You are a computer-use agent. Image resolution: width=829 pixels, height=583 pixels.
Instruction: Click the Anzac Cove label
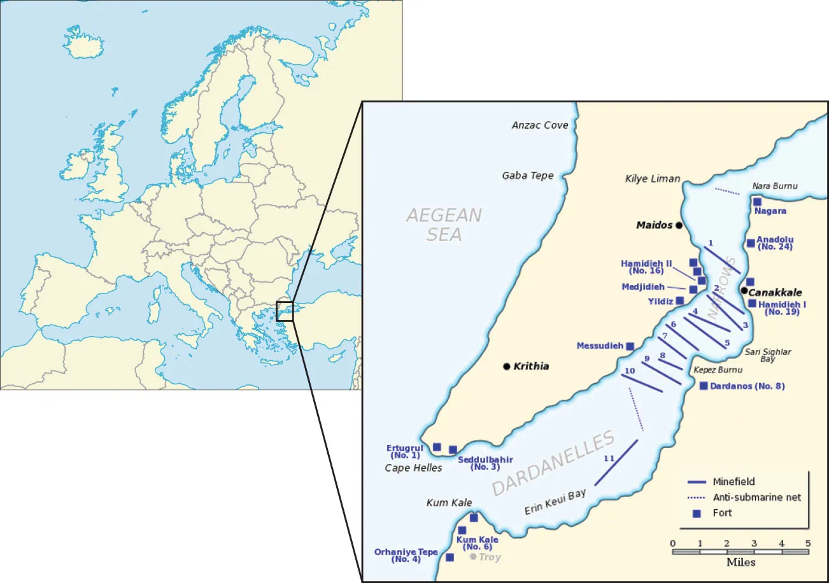[x=540, y=125]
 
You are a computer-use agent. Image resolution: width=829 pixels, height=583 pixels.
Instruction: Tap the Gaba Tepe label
[x=528, y=176]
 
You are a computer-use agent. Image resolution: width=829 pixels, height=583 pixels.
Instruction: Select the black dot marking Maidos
[x=679, y=225]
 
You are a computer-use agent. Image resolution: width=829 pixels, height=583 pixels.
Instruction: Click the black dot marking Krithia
[x=506, y=366]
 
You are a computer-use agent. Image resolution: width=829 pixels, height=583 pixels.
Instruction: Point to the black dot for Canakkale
[x=744, y=291]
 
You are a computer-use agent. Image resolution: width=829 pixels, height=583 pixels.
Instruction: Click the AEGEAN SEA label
[x=444, y=225]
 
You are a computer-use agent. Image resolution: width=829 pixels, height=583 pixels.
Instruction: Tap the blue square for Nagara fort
[x=757, y=202]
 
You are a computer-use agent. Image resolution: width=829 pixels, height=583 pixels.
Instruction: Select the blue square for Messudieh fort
[x=630, y=346]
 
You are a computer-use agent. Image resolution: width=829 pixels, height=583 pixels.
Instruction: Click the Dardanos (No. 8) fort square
[x=704, y=386]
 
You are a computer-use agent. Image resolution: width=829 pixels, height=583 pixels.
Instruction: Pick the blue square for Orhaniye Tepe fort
[x=450, y=557]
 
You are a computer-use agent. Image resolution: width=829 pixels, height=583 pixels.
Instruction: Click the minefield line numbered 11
[x=616, y=462]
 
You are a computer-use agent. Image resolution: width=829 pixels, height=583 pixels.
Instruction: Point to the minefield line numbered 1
[x=722, y=259]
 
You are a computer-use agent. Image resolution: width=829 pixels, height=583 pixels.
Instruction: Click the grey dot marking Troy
[x=473, y=556]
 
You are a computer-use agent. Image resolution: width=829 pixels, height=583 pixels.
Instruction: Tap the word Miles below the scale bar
[x=740, y=563]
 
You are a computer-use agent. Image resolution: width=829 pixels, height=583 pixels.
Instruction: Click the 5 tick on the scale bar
[x=808, y=543]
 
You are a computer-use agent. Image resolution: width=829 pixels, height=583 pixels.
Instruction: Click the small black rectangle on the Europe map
[x=285, y=311]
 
